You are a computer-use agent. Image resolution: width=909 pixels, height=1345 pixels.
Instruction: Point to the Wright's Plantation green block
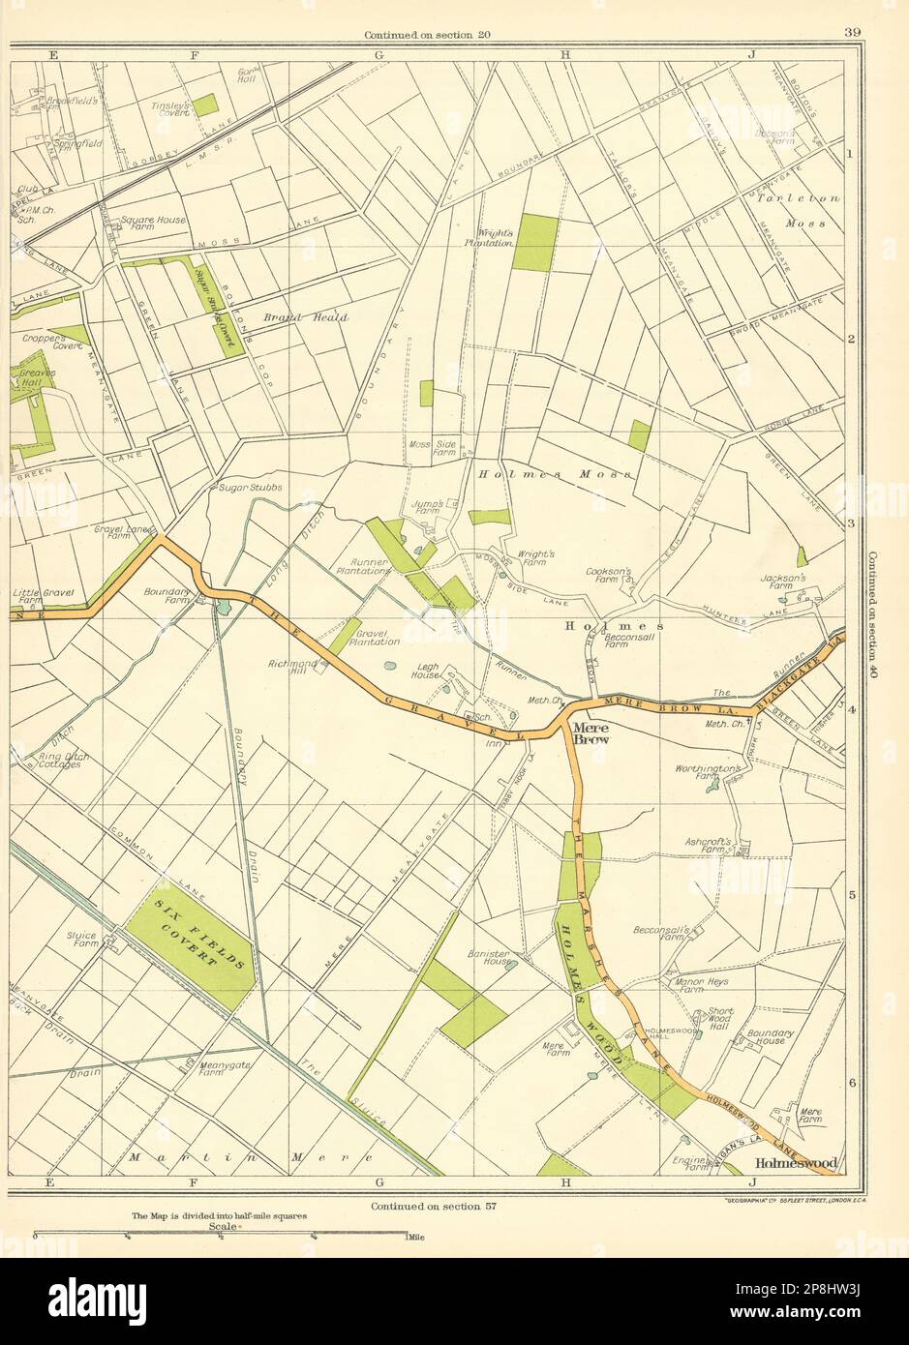pyautogui.click(x=534, y=242)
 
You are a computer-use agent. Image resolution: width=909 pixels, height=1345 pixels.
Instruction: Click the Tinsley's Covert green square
pyautogui.click(x=204, y=105)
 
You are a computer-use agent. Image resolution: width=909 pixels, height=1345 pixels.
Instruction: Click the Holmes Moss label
pyautogui.click(x=554, y=474)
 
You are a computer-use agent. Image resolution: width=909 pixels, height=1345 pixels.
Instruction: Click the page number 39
pyautogui.click(x=852, y=34)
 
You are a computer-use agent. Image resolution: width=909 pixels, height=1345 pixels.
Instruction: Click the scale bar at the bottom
pyautogui.click(x=221, y=1234)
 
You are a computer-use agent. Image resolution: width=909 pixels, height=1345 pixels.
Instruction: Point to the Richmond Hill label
pyautogui.click(x=293, y=668)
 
